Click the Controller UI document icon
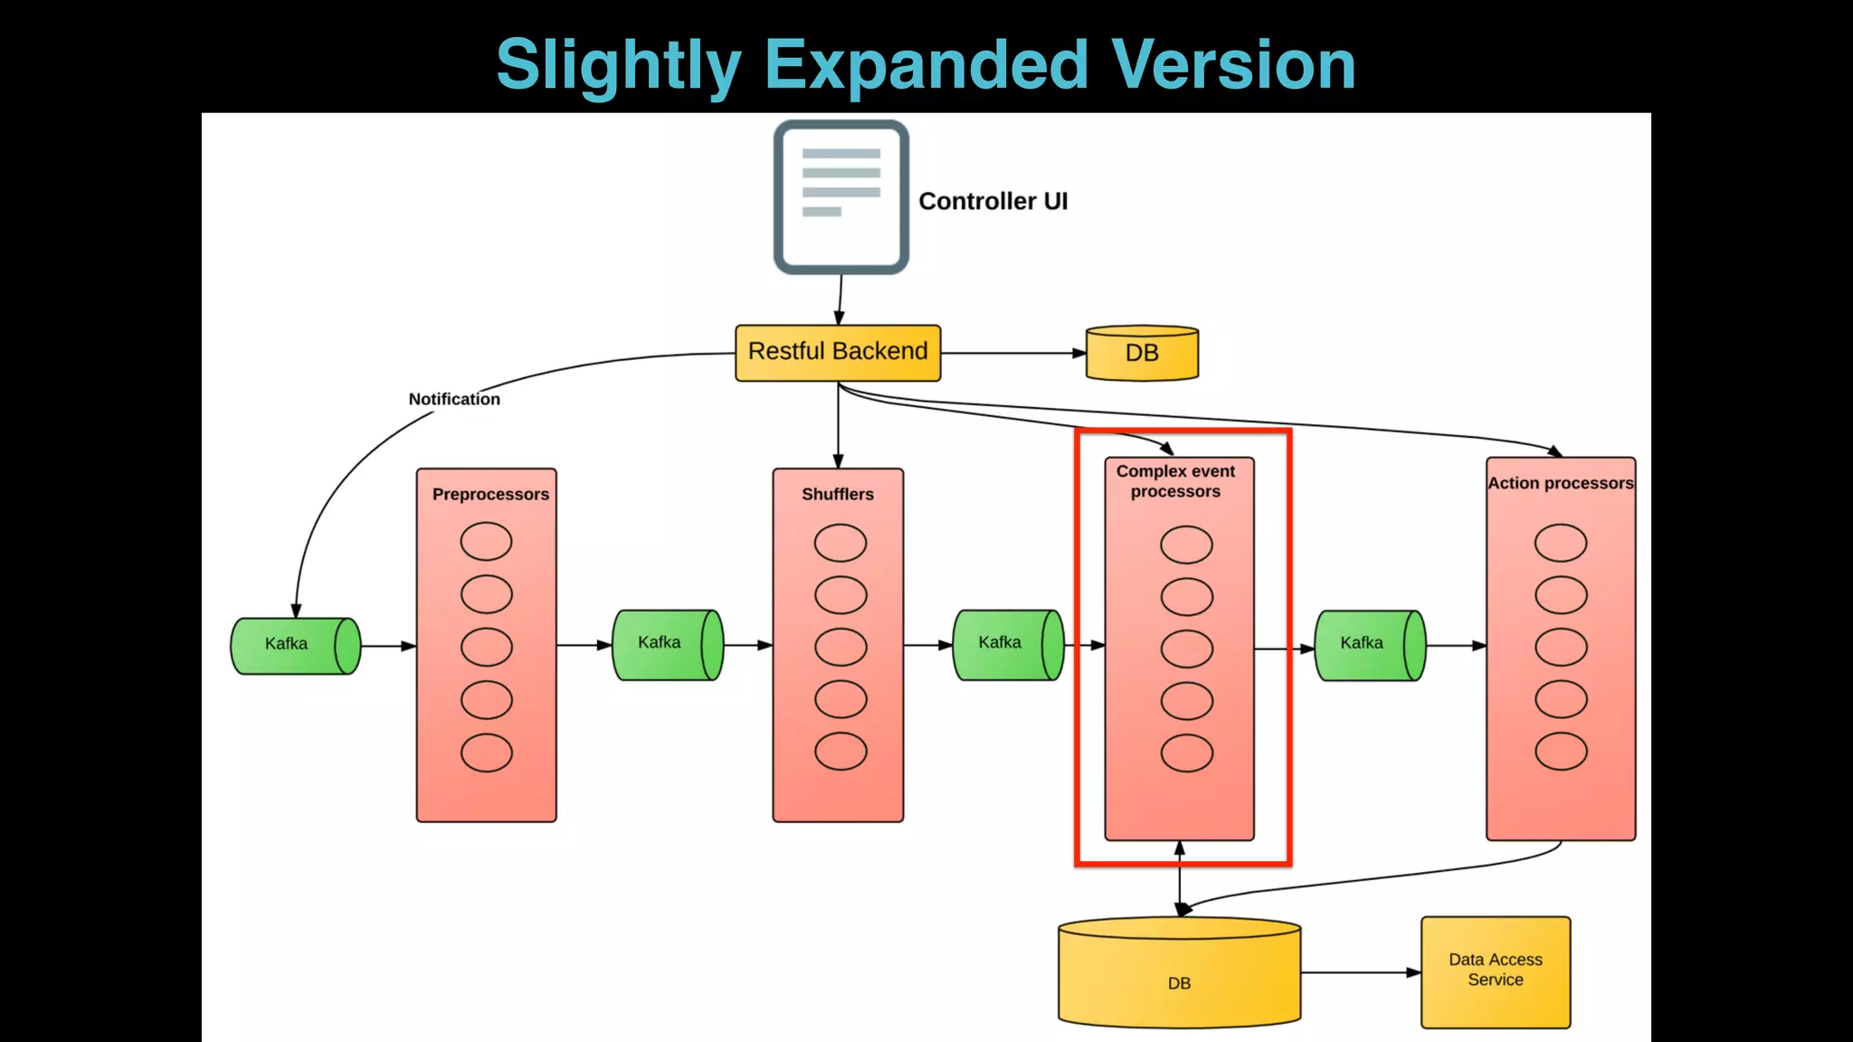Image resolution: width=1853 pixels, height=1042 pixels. point(841,197)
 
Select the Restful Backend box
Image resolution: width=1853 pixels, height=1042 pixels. point(838,352)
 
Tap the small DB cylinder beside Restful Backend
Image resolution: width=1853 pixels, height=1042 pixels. point(1142,353)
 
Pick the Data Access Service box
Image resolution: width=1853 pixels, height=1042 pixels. point(1496,971)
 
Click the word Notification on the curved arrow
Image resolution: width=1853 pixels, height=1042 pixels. point(454,399)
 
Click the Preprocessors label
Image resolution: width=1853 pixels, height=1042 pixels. point(490,494)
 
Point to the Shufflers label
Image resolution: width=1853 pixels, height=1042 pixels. point(838,494)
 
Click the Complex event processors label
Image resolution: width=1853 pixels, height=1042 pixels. point(1175,481)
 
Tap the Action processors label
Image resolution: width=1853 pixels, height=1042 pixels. point(1561,483)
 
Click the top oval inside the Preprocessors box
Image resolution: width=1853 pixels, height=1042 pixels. point(487,541)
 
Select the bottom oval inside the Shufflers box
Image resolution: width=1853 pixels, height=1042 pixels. point(841,751)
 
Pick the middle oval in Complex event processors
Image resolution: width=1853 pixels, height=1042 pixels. point(1186,649)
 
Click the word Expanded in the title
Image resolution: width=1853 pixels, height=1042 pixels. point(926,65)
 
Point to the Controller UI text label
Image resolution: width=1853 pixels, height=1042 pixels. point(993,201)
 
